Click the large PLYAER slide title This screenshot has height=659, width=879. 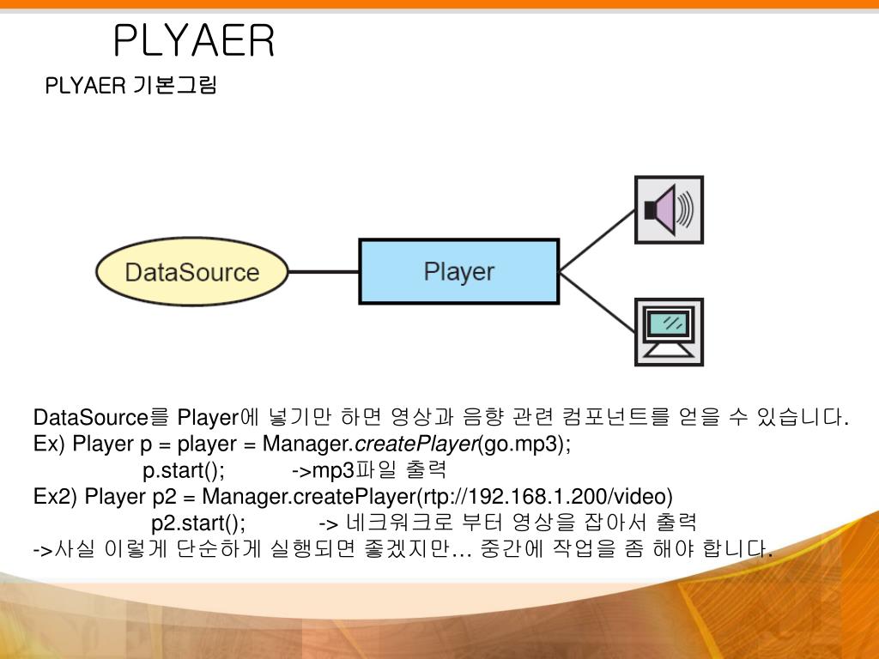pos(194,41)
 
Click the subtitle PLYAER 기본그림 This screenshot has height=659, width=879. pos(130,86)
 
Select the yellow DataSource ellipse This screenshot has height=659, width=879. pos(191,273)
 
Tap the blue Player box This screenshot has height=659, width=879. pos(458,272)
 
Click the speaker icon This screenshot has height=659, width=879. pos(668,209)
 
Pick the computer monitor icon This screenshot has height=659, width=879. pos(668,332)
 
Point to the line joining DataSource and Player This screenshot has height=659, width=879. pos(323,273)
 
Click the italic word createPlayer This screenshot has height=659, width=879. pos(415,444)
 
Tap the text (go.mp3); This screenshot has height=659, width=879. pos(524,444)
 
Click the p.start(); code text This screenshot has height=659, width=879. pos(184,471)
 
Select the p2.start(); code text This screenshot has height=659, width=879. pos(198,523)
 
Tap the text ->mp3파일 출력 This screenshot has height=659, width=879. pos(369,471)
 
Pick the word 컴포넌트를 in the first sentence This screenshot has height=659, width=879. pos(614,419)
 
